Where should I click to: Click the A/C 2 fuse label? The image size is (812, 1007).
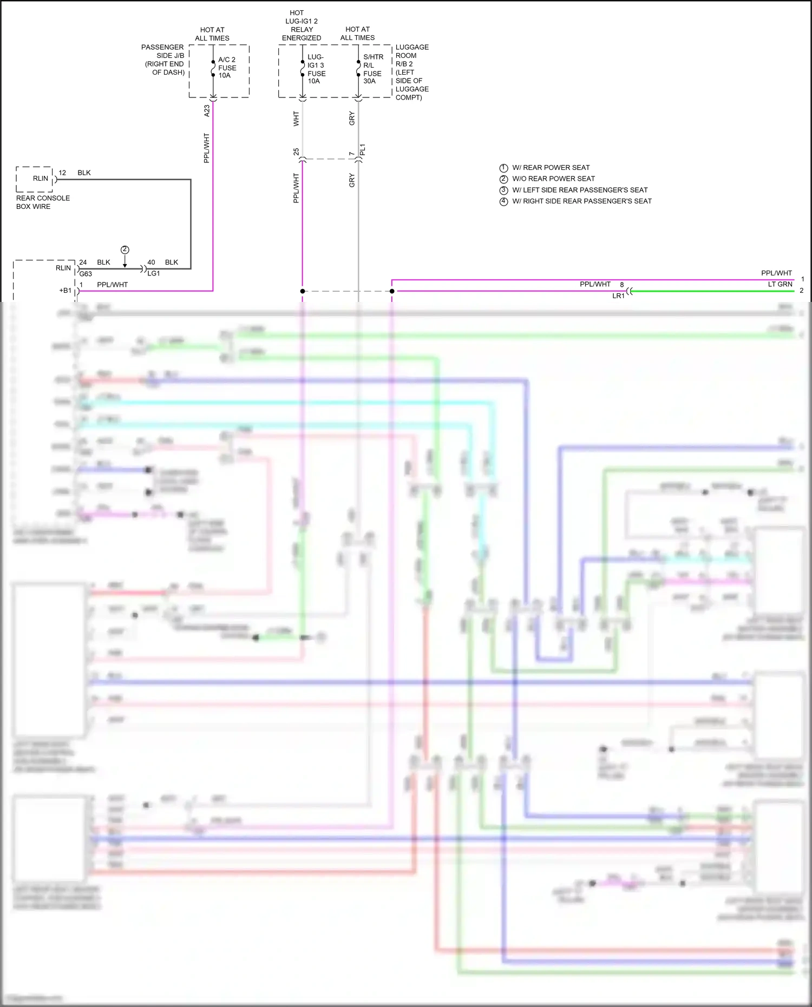coord(227,68)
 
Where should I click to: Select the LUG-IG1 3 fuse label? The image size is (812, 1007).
coord(316,69)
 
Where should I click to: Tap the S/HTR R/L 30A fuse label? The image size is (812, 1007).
coord(373,69)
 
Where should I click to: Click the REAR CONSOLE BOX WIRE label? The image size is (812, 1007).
coord(43,202)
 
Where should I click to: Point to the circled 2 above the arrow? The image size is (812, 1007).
coord(125,249)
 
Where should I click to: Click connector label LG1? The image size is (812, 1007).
coord(154,273)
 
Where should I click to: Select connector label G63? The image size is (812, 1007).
coord(86,274)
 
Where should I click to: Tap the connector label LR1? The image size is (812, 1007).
coord(618,296)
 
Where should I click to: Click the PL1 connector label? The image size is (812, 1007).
coord(363,150)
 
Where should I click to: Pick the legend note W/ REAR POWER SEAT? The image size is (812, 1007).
coord(551,168)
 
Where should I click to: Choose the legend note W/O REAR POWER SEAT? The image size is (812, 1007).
coord(553,179)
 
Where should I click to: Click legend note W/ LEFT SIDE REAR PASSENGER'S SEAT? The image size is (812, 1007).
coord(580,190)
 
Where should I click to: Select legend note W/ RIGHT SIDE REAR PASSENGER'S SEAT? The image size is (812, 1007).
coord(581,201)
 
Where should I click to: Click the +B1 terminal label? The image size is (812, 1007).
coord(65,291)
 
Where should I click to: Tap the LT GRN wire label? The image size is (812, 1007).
coord(780,284)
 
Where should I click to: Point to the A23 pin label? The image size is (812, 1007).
coord(207,111)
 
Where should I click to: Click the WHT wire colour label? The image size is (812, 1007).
coord(296,119)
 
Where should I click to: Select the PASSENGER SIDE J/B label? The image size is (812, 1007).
coord(163,60)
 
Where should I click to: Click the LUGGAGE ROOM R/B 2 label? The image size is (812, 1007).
coord(411,72)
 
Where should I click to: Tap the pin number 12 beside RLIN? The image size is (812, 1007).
coord(62,173)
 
